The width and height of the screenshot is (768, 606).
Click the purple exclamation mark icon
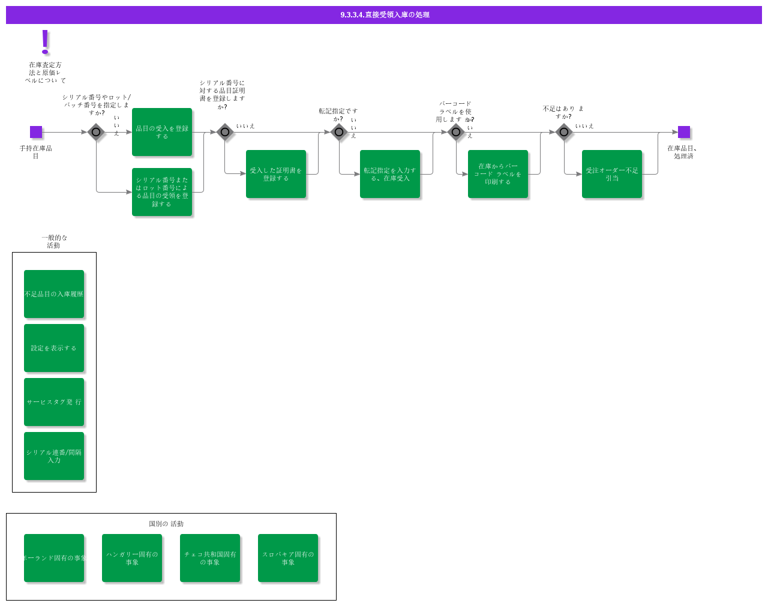tap(45, 42)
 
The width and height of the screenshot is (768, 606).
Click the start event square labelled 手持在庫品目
tap(36, 132)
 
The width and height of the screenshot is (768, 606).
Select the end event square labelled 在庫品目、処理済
tap(684, 132)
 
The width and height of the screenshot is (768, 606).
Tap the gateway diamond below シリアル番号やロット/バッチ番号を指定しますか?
tap(96, 132)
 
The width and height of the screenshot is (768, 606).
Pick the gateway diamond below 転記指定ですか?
tap(339, 132)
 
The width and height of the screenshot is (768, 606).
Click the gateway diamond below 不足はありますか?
tap(564, 132)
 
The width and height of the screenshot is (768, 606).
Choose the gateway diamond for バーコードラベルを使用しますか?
tap(456, 132)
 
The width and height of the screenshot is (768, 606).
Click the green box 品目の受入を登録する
tap(162, 132)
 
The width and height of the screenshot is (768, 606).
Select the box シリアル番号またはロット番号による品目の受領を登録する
tap(162, 192)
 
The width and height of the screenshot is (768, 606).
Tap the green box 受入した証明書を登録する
tap(276, 174)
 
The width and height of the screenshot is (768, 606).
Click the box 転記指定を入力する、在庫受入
tap(390, 174)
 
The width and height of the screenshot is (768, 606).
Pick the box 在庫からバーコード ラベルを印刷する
tap(498, 174)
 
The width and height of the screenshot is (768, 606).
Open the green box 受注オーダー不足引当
tap(612, 174)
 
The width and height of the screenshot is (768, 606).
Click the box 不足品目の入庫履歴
tap(54, 294)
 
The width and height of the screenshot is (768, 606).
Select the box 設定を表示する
tap(54, 348)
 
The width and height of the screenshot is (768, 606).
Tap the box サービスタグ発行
tap(54, 402)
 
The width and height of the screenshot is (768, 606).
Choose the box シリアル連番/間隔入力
tap(54, 456)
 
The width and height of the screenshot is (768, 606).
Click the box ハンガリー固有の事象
tap(132, 558)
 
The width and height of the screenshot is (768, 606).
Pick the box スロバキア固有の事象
tap(288, 558)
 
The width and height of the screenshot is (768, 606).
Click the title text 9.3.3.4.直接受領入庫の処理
tap(385, 15)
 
